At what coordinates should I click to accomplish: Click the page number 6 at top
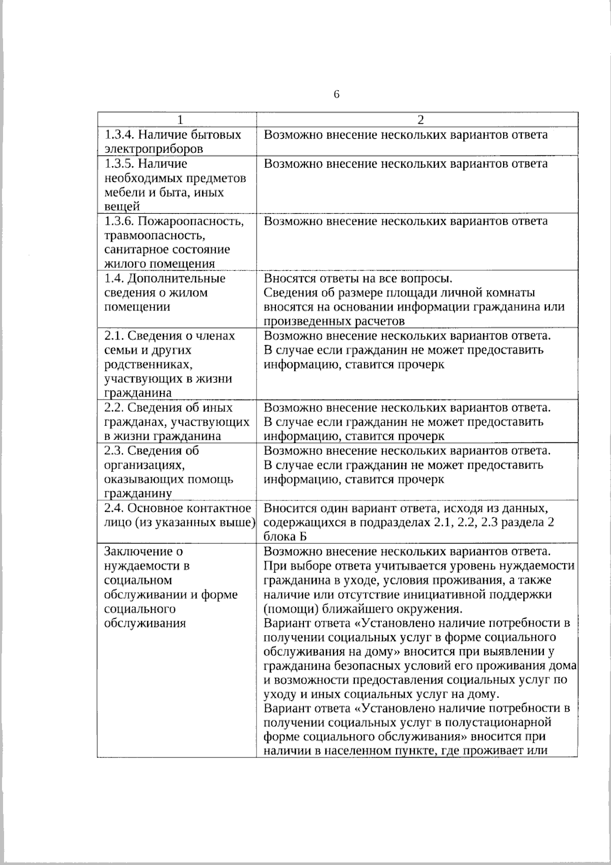(x=337, y=95)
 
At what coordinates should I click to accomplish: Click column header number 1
(x=179, y=120)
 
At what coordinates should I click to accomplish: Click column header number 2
(x=420, y=120)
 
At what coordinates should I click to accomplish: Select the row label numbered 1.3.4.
(x=118, y=135)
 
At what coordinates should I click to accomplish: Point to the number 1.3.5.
(x=118, y=164)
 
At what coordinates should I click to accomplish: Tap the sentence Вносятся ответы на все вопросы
(x=358, y=278)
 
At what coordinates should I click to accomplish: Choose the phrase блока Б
(x=285, y=537)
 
